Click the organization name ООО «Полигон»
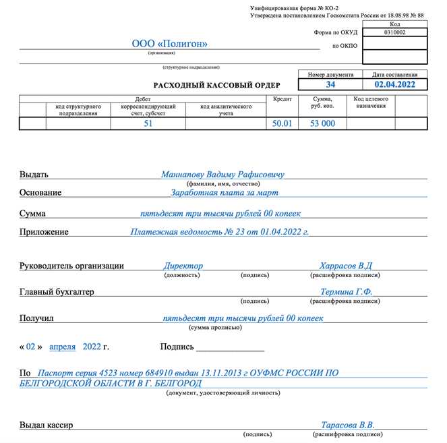click(x=169, y=44)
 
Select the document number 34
click(x=330, y=85)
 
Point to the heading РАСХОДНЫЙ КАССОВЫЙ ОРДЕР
click(x=216, y=85)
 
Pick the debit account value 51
click(x=148, y=123)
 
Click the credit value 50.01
click(x=282, y=123)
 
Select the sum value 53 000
click(x=322, y=123)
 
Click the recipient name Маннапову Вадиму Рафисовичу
click(x=222, y=174)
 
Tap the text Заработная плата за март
click(x=223, y=192)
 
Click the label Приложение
click(x=44, y=232)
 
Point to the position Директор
click(x=183, y=266)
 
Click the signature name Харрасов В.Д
click(x=346, y=266)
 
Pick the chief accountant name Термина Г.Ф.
click(x=346, y=292)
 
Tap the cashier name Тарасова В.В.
click(x=347, y=425)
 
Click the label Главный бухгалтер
click(x=57, y=292)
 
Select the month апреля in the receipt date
click(x=62, y=347)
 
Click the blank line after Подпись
click(x=230, y=349)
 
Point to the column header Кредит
click(x=282, y=98)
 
